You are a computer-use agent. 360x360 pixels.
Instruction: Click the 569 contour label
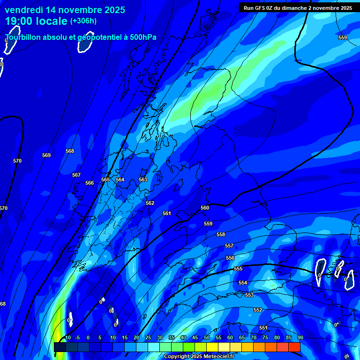[x=46, y=155]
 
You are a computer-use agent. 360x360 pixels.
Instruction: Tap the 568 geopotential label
[x=70, y=151]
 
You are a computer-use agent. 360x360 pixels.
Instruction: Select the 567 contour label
[x=76, y=175]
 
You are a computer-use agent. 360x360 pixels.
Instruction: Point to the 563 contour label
[x=143, y=180]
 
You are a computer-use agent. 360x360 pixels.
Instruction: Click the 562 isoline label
[x=150, y=203]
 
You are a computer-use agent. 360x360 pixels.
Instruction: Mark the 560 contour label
[x=205, y=208]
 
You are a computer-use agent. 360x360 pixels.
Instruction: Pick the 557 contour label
[x=229, y=246]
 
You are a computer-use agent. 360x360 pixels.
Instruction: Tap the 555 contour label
[x=238, y=269]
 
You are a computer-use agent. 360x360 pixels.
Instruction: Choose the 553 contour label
[x=249, y=295]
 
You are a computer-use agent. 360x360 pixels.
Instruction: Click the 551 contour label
[x=263, y=328]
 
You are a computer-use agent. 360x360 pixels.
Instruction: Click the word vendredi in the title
[x=28, y=10]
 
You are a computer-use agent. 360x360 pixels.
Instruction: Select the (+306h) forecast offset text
[x=83, y=21]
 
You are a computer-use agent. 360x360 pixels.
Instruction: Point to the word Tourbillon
[x=26, y=37]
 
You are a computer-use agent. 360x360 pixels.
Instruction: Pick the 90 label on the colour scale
[x=300, y=337]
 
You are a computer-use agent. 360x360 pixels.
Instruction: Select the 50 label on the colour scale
[x=207, y=337]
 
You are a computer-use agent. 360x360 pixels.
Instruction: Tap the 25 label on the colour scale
[x=148, y=337]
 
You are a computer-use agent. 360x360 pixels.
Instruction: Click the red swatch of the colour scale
[x=294, y=347]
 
